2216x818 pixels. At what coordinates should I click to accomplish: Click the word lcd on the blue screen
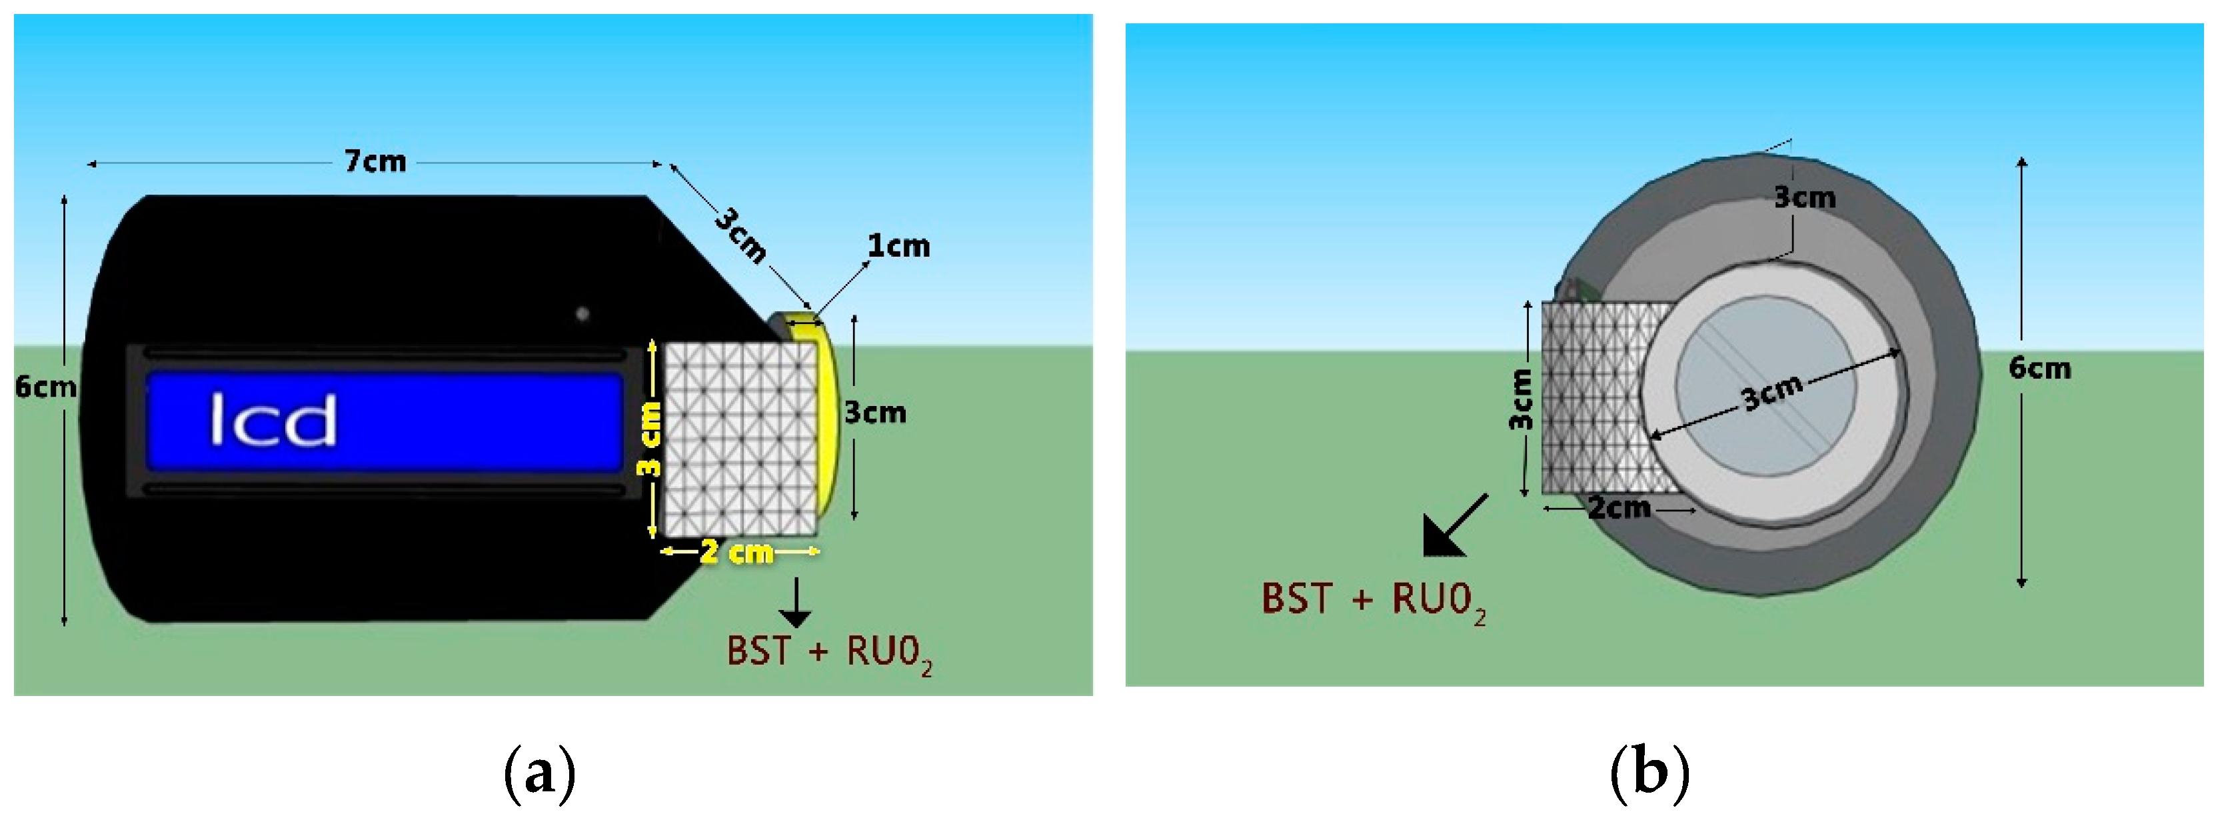click(x=273, y=420)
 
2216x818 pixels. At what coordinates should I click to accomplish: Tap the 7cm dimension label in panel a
click(x=375, y=161)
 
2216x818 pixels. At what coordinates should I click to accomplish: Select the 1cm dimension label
click(x=898, y=246)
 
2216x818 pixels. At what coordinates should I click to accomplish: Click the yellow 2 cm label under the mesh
click(x=737, y=551)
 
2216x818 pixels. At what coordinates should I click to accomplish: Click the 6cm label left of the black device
click(x=45, y=387)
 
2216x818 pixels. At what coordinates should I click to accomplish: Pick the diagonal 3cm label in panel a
click(x=740, y=235)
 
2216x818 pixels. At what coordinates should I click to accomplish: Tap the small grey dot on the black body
click(x=582, y=314)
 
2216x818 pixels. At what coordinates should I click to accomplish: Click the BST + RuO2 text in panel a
click(x=828, y=652)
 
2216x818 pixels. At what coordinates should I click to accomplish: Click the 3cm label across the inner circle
click(x=1772, y=394)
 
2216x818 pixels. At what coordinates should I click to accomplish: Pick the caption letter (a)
click(x=539, y=773)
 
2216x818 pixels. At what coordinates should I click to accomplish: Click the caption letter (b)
click(x=1649, y=773)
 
